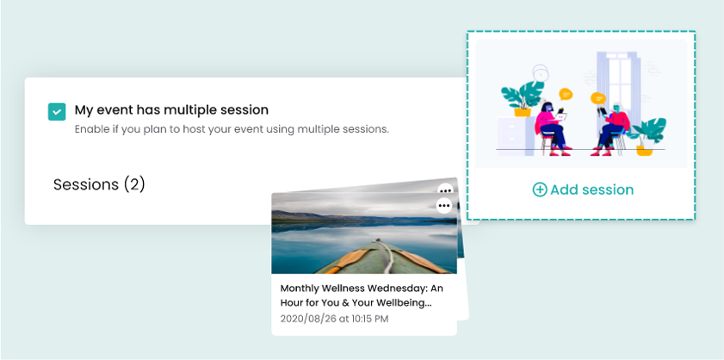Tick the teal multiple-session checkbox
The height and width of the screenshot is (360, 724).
click(57, 111)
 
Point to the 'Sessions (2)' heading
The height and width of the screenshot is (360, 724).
click(99, 184)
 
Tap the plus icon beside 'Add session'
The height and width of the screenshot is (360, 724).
click(540, 189)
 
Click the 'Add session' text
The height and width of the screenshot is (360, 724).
click(592, 189)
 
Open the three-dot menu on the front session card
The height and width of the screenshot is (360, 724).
click(444, 205)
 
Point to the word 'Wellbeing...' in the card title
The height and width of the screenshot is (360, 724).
click(407, 304)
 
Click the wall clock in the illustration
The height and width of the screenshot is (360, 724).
click(540, 73)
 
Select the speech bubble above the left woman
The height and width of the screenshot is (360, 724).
click(566, 94)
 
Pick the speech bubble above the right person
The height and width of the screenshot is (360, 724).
click(598, 98)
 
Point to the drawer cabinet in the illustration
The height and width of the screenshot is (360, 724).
click(515, 136)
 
